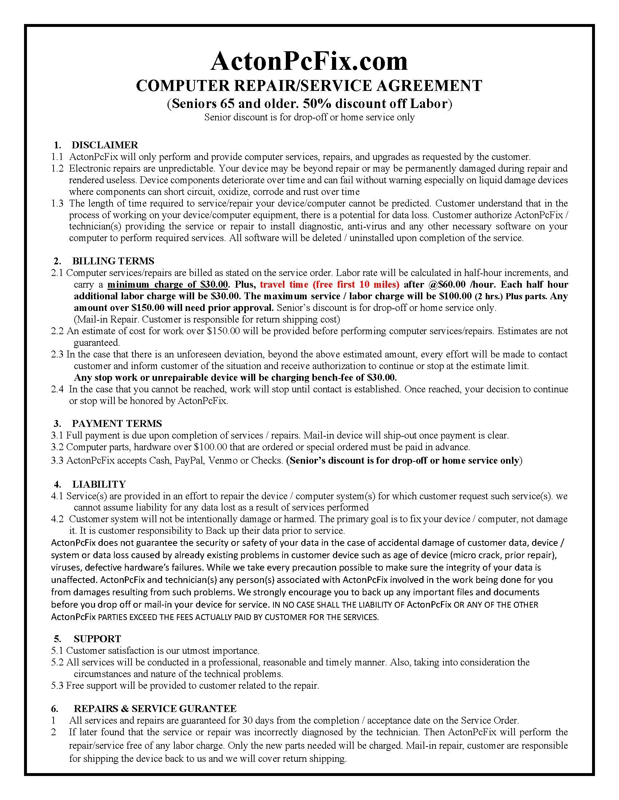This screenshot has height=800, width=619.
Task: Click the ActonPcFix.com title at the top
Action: tap(309, 61)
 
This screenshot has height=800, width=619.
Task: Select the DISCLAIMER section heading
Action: tap(105, 145)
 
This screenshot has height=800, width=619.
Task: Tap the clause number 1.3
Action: tap(58, 203)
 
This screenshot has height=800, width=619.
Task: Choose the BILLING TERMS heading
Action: tap(113, 261)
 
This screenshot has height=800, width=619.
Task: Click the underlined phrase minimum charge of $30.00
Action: tap(168, 285)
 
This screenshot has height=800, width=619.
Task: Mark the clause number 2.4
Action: tap(58, 389)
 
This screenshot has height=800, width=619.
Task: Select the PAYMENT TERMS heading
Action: tap(117, 424)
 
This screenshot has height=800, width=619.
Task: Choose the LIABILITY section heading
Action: tap(99, 484)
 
